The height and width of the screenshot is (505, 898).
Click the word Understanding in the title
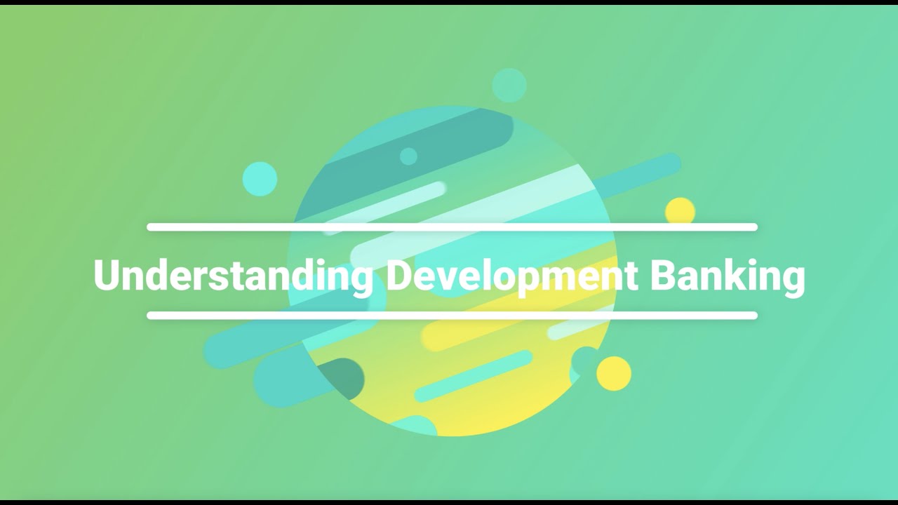point(233,275)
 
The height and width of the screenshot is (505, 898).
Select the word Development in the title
point(512,275)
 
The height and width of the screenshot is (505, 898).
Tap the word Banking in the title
point(728,275)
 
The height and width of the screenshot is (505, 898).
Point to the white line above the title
point(452,227)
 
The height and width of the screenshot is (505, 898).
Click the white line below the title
point(452,316)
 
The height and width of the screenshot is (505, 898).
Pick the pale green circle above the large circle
point(509,86)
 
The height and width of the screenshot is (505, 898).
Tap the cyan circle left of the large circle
point(260,179)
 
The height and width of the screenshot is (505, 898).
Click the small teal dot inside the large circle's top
point(408,156)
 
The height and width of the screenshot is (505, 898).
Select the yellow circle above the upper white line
point(680,210)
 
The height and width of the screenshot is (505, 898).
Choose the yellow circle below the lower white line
point(614,373)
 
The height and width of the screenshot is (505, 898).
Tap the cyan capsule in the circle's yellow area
point(474,376)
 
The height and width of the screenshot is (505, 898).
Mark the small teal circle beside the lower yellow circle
point(584,361)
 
